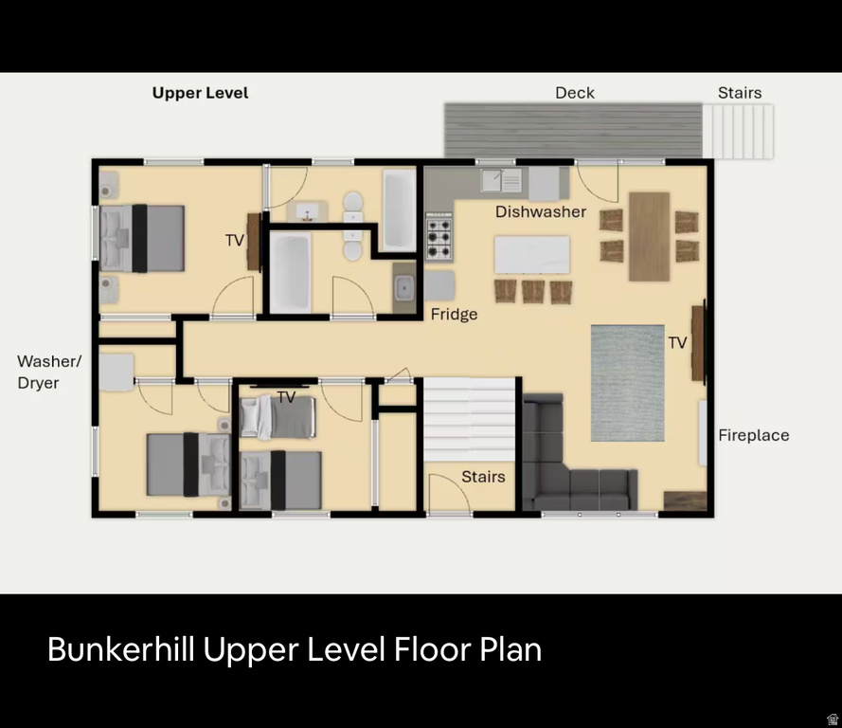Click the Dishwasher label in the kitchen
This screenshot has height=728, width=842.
541,211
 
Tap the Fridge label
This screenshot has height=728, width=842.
454,314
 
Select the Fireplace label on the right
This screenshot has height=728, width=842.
753,435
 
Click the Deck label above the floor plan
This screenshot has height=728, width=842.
575,92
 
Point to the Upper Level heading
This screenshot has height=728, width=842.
200,93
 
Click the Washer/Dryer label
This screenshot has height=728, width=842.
49,372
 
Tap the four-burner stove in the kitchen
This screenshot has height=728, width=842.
439,236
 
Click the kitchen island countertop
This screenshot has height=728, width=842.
531,254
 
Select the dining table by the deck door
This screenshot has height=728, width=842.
650,235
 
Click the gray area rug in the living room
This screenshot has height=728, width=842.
627,382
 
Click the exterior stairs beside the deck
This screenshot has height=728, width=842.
738,131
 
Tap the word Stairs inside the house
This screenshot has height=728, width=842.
483,476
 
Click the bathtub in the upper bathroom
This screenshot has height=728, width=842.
400,209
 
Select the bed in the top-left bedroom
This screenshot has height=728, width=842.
142,239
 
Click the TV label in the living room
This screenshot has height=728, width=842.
677,342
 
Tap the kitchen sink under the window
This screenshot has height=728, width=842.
501,179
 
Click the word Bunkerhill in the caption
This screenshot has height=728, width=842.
121,649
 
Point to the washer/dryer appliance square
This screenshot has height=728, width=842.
116,372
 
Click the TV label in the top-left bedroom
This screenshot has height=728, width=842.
235,241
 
